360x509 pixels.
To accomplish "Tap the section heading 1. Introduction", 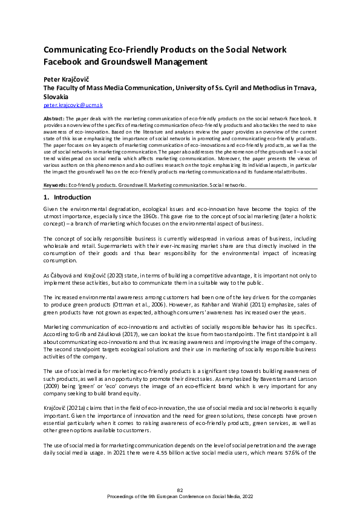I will (67, 197).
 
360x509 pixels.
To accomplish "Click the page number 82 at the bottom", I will (180, 490).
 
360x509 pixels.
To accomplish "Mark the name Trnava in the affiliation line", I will (303, 88).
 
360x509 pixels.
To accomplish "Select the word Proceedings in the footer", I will (123, 496).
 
